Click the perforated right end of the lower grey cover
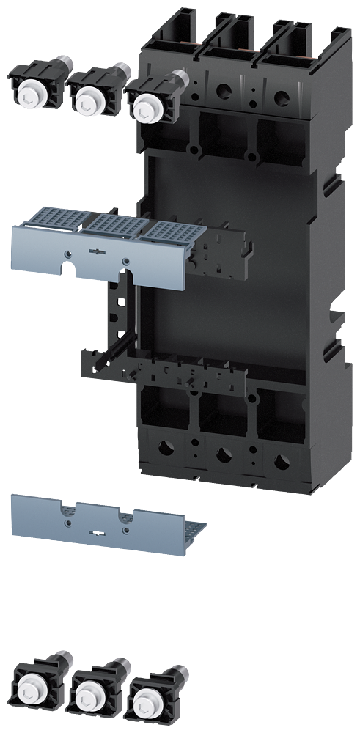coord(188,529)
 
